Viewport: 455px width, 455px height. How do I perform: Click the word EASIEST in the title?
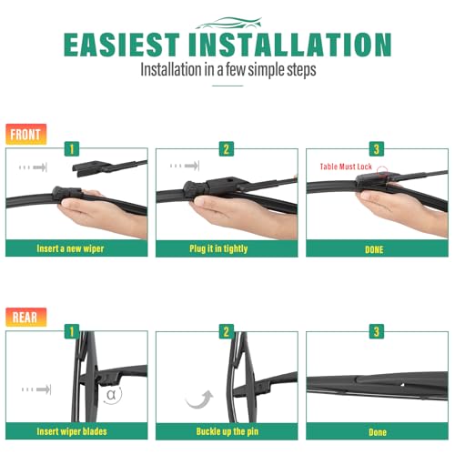[122, 45]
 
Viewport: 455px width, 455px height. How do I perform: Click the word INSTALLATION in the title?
[290, 45]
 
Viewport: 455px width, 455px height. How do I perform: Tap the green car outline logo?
[228, 23]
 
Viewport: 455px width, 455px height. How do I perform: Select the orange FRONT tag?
[25, 134]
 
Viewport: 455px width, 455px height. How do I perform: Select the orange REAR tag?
[25, 317]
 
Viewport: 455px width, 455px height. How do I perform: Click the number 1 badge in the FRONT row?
[72, 149]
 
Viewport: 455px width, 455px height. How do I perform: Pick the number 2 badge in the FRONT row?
[227, 149]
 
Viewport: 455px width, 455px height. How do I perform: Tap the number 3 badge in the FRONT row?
[377, 149]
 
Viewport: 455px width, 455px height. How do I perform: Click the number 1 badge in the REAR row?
[72, 331]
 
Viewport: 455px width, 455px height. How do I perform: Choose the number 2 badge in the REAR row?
[227, 331]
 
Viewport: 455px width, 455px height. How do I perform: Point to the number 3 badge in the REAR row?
[377, 331]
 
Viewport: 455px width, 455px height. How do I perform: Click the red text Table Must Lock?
[346, 167]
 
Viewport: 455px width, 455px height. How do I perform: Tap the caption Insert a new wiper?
[70, 248]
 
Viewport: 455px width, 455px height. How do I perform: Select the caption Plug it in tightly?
[218, 248]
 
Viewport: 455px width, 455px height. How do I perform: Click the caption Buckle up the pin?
[227, 431]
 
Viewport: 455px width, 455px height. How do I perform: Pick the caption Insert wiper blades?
[72, 431]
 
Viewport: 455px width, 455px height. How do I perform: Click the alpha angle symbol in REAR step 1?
[111, 395]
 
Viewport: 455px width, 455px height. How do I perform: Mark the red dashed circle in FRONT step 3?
[382, 172]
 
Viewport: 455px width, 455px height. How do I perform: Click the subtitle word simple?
[267, 70]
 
